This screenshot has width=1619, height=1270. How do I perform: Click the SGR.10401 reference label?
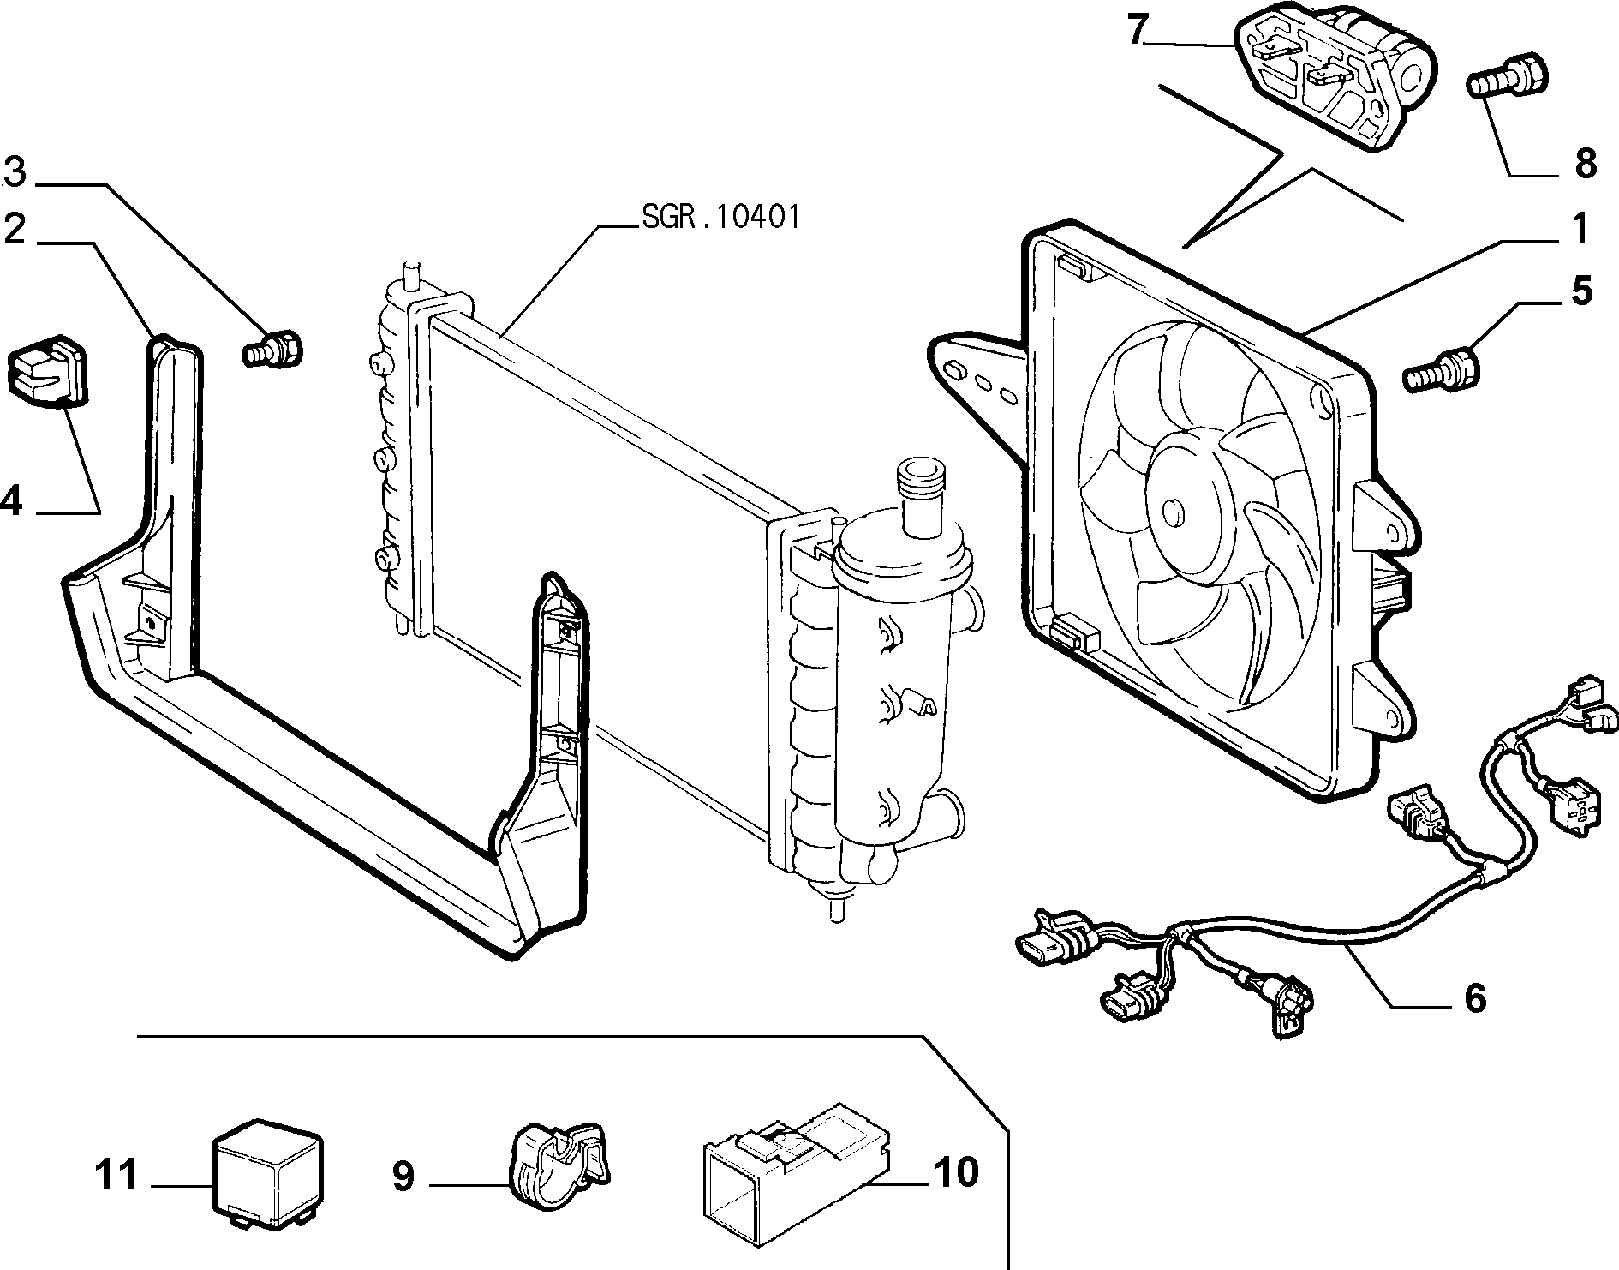point(720,218)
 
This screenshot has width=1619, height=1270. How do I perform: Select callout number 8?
point(1586,162)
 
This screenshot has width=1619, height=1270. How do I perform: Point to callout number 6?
point(1474,998)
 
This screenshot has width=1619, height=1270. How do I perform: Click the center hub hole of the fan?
point(1170,512)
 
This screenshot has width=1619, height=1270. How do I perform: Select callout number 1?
point(1579,230)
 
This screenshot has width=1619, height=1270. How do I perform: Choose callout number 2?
point(15,229)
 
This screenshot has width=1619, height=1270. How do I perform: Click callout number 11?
point(116,1174)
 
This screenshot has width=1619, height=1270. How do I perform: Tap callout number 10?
point(956,1172)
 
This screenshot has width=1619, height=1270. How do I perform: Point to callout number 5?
point(1582,291)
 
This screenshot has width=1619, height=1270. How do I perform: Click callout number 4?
point(11,500)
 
